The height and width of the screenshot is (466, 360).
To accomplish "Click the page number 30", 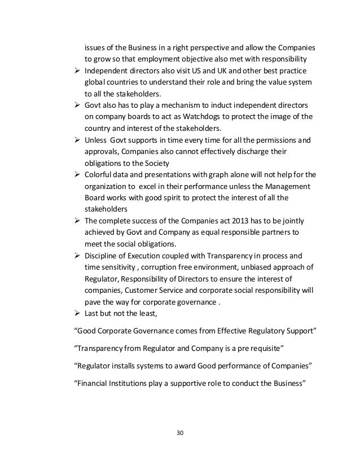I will (180, 433).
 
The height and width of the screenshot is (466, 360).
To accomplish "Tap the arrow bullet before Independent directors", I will (78, 71).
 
